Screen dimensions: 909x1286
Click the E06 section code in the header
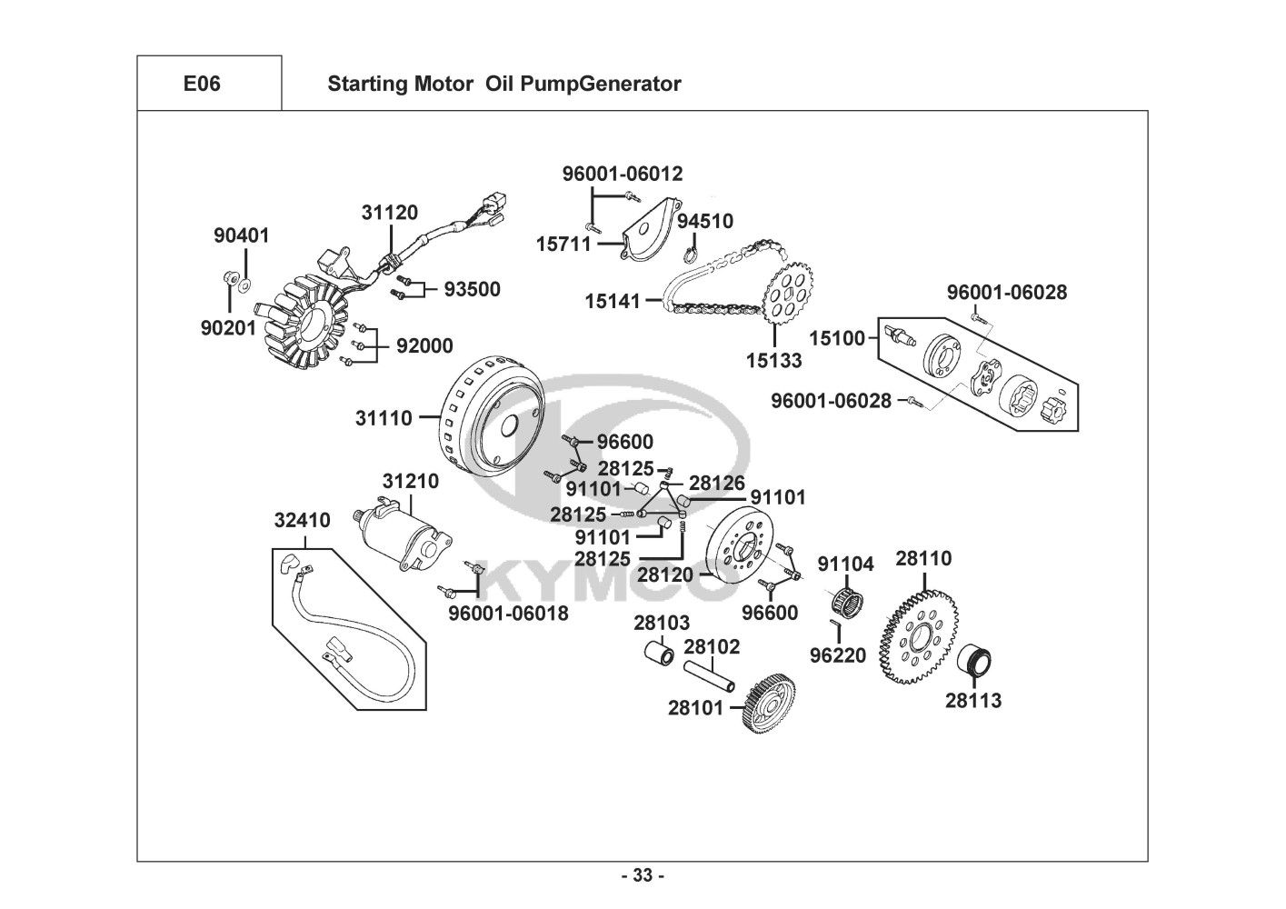(202, 84)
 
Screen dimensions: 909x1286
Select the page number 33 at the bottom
(643, 875)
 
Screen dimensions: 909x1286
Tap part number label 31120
(389, 213)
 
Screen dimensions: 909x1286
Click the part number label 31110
(384, 419)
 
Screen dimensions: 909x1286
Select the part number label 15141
(613, 300)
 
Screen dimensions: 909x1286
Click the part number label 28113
(973, 700)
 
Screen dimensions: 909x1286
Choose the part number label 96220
(838, 655)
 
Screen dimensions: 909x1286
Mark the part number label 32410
(303, 521)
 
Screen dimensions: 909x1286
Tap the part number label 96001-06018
(508, 614)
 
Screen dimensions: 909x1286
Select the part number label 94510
(705, 221)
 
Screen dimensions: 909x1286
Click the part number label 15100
(837, 338)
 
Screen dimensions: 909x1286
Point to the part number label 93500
(472, 289)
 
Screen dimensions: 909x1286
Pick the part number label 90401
(242, 235)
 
